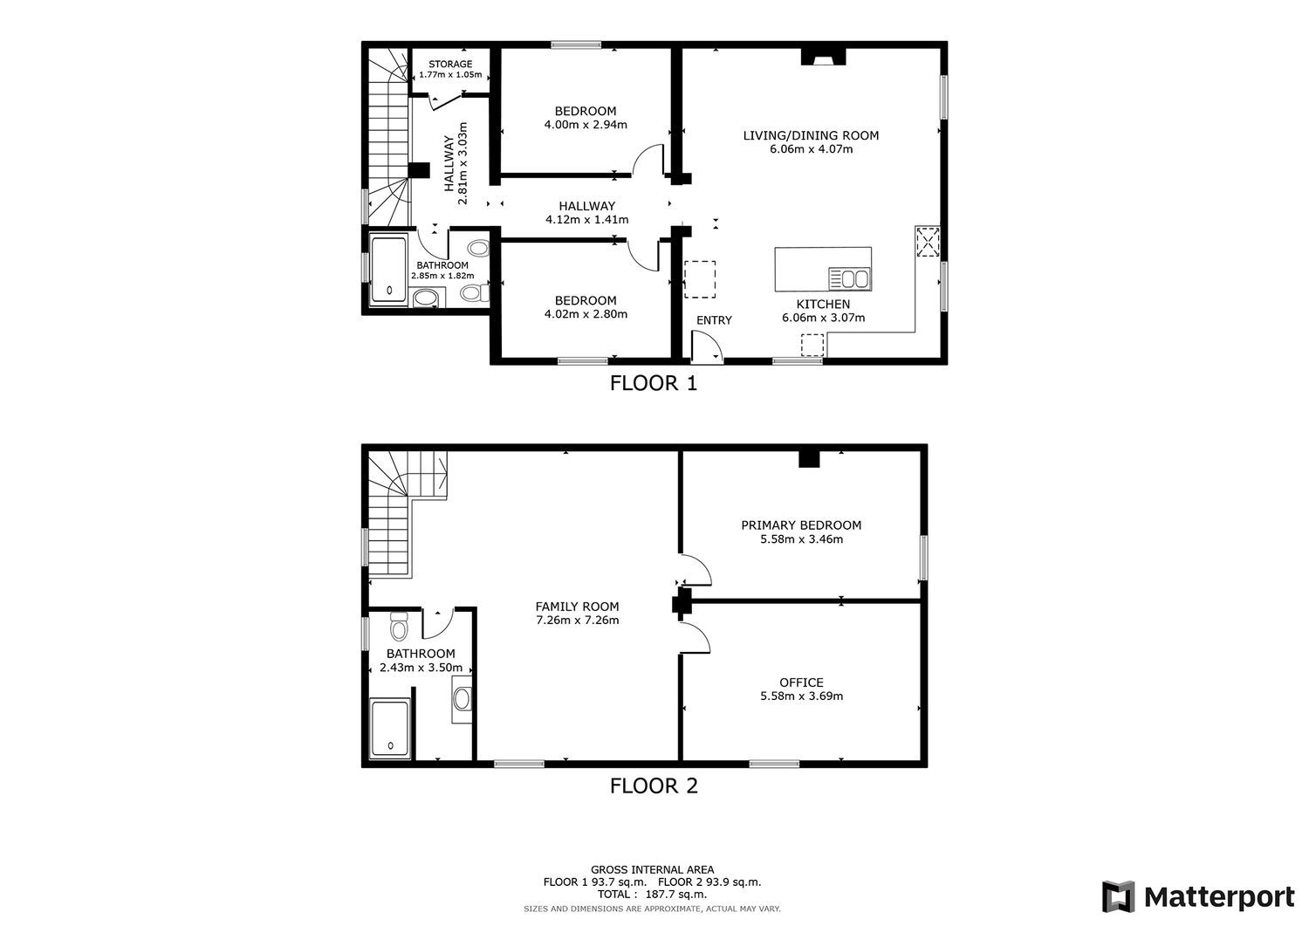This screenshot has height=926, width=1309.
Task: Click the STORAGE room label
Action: point(450,65)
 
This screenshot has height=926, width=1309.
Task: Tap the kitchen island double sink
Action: point(850,279)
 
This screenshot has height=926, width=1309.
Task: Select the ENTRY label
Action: point(714,320)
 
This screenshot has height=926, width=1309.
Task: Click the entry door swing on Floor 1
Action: point(707,347)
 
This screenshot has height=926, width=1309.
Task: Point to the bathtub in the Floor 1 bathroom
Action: point(388,270)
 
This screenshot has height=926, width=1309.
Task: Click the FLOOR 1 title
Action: point(654,383)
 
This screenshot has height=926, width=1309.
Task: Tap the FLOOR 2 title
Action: point(654,785)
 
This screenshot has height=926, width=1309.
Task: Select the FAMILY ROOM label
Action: point(577,607)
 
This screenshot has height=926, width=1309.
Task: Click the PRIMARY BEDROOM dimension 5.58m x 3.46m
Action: point(801,539)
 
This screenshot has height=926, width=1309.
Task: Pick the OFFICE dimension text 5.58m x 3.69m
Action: point(801,696)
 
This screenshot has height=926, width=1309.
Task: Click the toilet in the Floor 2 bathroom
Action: point(400,627)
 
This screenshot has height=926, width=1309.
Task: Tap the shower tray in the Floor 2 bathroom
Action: point(390,730)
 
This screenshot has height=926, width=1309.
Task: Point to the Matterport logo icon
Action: point(1119,897)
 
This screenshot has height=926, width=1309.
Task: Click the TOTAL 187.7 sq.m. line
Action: point(652,894)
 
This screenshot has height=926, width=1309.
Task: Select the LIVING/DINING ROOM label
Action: point(811,135)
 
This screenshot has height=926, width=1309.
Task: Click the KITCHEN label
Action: point(823,304)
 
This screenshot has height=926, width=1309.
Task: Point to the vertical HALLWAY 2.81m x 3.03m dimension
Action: point(456,163)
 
